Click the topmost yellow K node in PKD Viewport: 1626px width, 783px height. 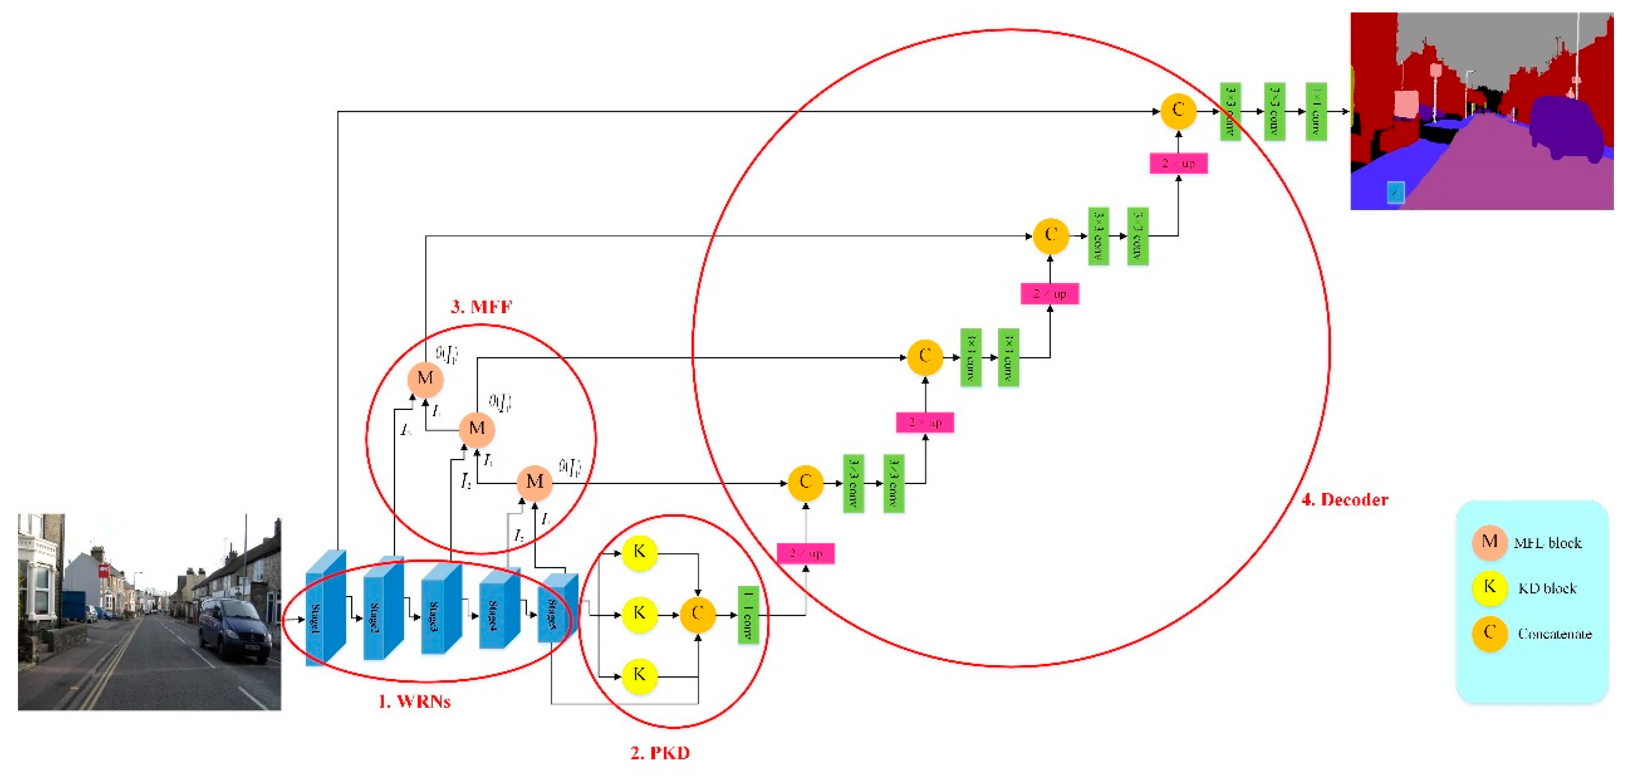coord(639,553)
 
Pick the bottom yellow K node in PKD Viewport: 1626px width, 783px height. coord(639,675)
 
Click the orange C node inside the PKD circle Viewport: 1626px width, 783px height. coord(697,614)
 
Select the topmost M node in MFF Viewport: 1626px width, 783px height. coord(425,379)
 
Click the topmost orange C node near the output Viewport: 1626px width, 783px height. coord(1177,111)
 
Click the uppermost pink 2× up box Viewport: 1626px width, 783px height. coord(1178,164)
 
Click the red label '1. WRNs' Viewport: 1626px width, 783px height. coord(414,701)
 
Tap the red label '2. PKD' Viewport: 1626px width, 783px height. coord(660,753)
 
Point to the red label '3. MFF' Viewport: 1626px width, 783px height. coord(481,307)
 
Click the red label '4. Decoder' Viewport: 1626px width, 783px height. coord(1345,500)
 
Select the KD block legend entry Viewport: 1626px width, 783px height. coord(1546,588)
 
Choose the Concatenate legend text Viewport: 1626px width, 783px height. coord(1554,633)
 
